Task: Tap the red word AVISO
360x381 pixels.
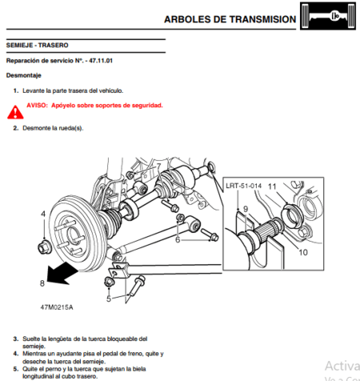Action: (x=37, y=105)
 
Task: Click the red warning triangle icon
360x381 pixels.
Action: (x=18, y=105)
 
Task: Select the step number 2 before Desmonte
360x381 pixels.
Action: (x=15, y=127)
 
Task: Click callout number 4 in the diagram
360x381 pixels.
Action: (x=43, y=214)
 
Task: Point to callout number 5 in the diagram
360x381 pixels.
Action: (x=109, y=299)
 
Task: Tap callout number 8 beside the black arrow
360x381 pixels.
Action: (x=42, y=283)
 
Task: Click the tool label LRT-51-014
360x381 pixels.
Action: (x=243, y=185)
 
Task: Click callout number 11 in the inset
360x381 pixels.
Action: (x=273, y=186)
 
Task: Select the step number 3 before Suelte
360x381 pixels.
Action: (x=15, y=339)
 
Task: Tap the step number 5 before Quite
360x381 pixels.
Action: (x=15, y=368)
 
